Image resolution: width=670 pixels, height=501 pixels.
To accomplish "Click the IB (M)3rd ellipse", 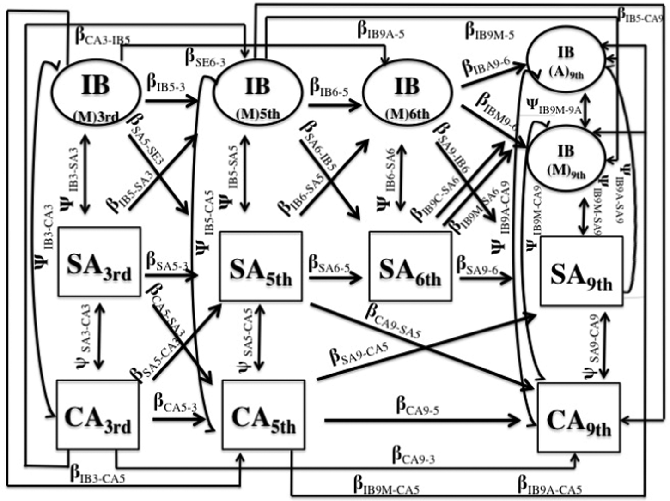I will click(x=96, y=93).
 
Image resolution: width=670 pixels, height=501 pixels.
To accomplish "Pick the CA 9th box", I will click(x=579, y=417).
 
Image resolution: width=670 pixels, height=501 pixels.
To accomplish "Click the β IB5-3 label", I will click(x=166, y=84).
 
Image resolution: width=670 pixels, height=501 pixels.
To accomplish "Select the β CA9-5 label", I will click(x=417, y=406).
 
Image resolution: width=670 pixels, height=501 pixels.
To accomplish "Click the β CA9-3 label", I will click(x=413, y=454).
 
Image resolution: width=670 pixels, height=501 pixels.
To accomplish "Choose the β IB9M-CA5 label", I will click(x=386, y=486).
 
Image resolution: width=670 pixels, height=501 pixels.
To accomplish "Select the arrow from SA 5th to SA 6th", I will click(x=335, y=278).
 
